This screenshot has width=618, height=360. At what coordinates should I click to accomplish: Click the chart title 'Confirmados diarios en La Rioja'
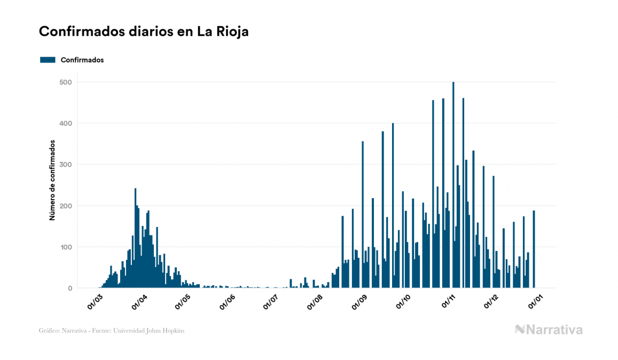(144, 32)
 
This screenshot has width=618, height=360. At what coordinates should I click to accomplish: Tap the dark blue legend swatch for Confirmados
(48, 60)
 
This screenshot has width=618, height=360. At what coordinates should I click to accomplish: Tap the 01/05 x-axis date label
(183, 301)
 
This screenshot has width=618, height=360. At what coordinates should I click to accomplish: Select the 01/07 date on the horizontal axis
(271, 301)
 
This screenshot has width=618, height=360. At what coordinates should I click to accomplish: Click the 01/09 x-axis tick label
(360, 301)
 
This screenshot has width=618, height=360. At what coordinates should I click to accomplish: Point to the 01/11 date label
(448, 301)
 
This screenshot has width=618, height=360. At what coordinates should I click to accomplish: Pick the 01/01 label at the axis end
(536, 301)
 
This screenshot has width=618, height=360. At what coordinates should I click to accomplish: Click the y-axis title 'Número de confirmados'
(52, 181)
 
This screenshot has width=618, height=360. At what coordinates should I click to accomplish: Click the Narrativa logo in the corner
(549, 330)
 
